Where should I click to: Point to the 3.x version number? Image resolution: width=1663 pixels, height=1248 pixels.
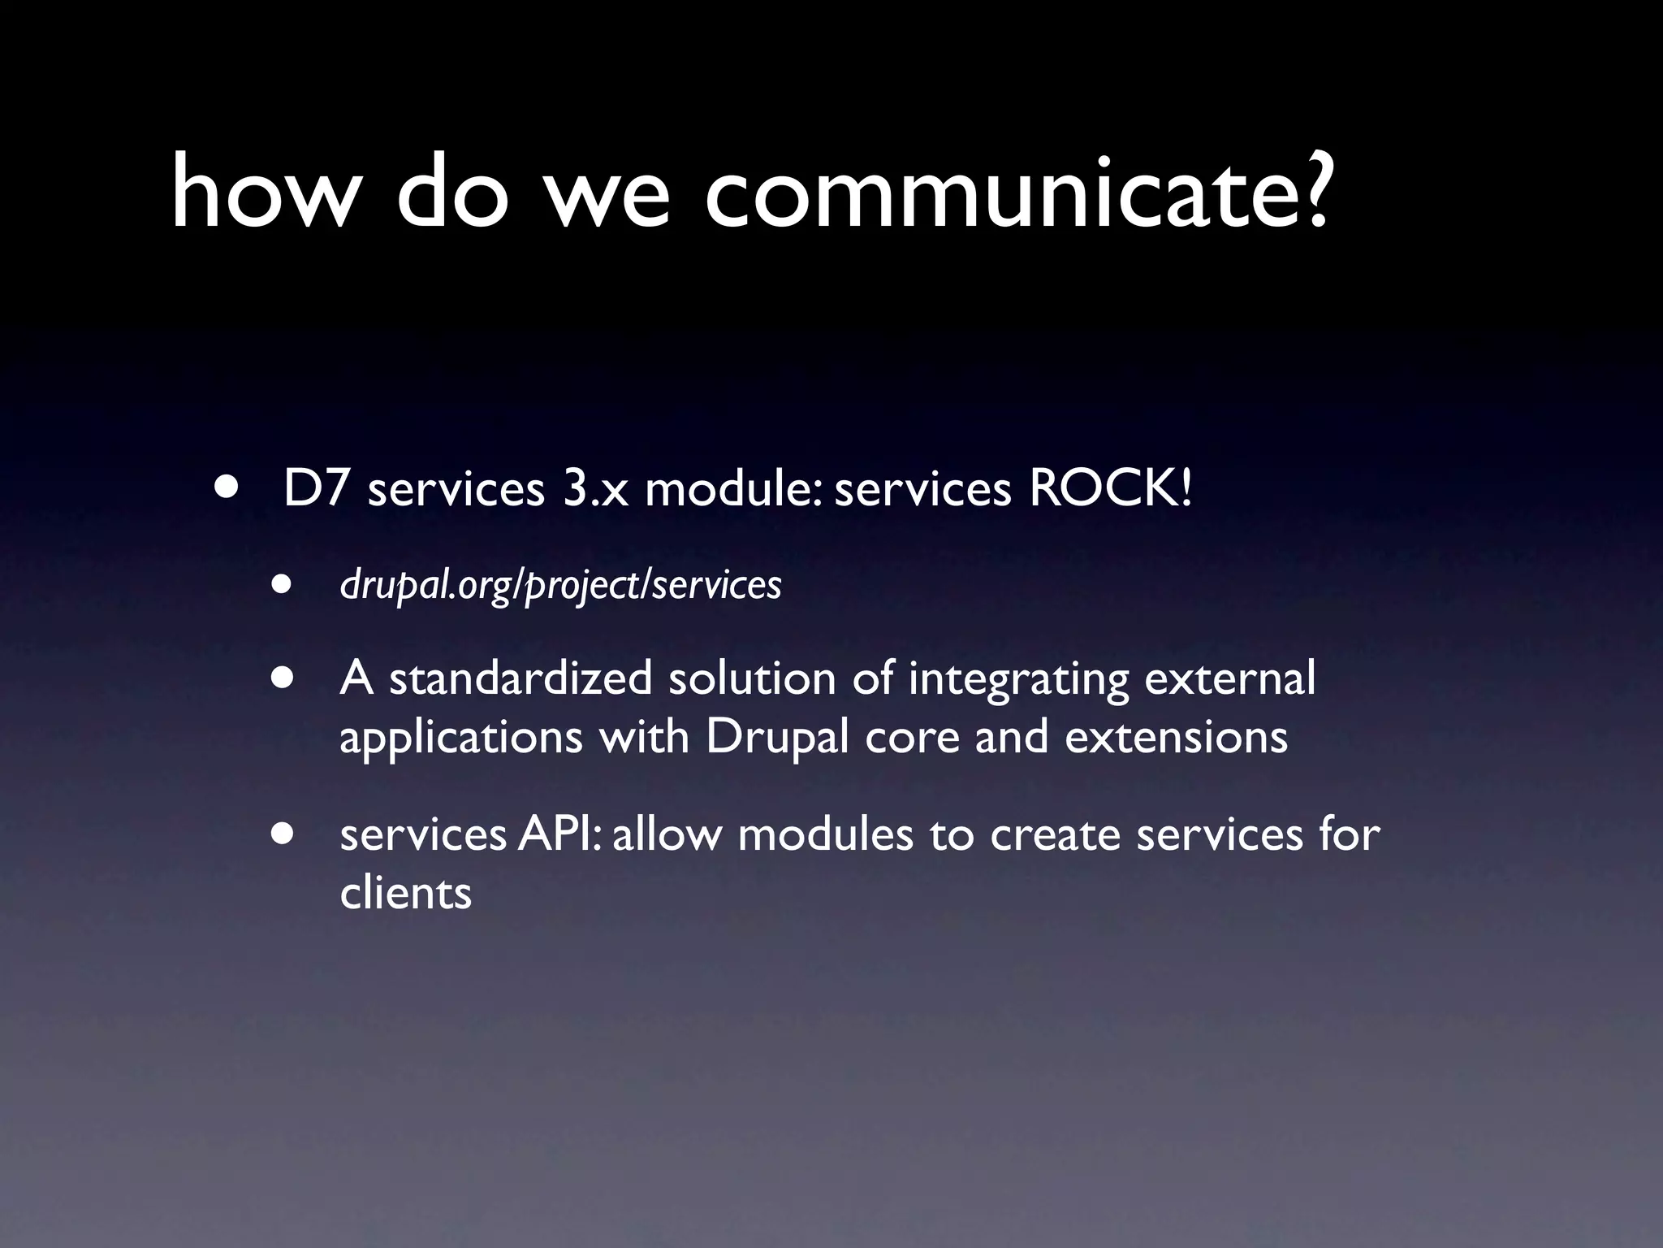click(596, 489)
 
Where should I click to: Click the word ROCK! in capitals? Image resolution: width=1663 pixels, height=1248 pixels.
click(1111, 489)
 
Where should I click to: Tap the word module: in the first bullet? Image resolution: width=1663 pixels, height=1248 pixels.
click(735, 489)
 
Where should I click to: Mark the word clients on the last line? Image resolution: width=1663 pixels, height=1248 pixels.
click(405, 892)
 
